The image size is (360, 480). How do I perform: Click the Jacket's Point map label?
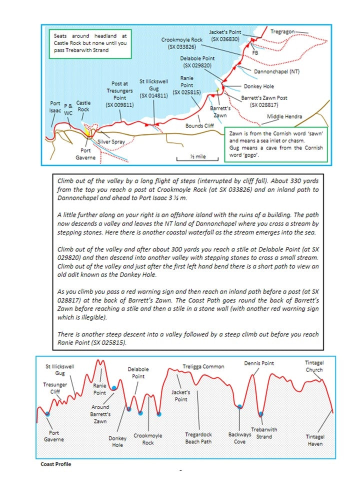225,35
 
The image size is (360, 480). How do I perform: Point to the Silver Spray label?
111,142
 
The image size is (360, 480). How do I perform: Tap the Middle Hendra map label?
284,116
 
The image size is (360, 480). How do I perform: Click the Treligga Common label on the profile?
203,366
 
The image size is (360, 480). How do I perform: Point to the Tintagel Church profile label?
314,366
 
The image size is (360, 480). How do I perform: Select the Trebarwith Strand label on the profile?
264,433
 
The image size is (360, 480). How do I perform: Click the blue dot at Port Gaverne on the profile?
47,413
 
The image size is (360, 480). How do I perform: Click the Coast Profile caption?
55,464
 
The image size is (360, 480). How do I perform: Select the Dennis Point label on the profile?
258,363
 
